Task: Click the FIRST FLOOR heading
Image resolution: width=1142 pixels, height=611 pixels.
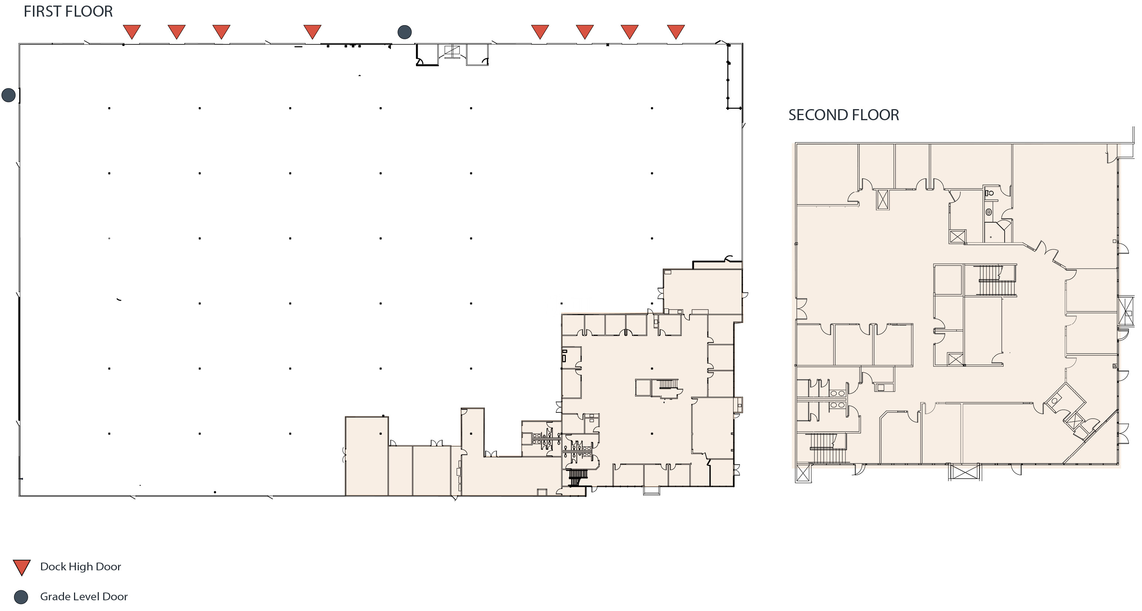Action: point(68,11)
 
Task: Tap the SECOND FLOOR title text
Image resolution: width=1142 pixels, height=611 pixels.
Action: point(844,115)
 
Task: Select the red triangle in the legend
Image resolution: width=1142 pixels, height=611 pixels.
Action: point(21,567)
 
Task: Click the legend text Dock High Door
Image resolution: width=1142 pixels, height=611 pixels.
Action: point(80,567)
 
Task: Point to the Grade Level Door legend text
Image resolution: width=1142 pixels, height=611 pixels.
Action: point(84,596)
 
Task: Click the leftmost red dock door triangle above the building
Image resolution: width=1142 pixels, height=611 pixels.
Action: point(132,32)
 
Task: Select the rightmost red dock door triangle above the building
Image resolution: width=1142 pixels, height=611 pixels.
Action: point(676,32)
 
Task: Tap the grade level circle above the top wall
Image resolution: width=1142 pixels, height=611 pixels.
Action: point(404,32)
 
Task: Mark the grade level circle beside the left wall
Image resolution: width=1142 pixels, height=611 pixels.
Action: point(9,95)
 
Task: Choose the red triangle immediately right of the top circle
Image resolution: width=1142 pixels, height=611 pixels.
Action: point(540,32)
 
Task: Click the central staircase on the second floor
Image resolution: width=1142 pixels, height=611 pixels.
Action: point(997,280)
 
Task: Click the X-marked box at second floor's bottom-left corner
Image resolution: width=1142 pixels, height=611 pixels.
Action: point(803,473)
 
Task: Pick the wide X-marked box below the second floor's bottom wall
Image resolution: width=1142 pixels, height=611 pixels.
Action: point(965,472)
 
